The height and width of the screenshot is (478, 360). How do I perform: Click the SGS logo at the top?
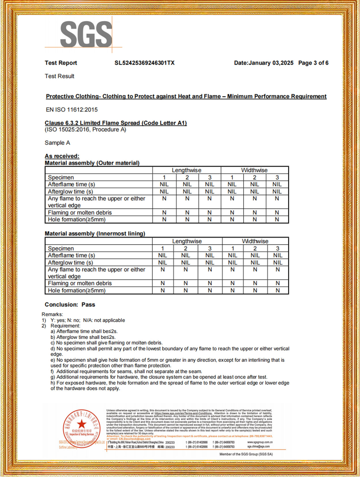click(86, 35)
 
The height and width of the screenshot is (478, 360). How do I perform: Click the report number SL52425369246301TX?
click(144, 63)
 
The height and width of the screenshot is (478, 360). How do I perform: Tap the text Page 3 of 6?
click(313, 63)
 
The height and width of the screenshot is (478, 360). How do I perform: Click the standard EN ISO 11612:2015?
click(72, 110)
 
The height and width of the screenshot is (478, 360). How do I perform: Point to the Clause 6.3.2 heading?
click(115, 123)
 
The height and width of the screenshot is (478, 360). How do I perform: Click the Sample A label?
click(57, 143)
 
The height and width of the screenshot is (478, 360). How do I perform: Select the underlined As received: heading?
click(62, 156)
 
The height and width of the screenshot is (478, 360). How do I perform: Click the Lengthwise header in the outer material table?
click(187, 170)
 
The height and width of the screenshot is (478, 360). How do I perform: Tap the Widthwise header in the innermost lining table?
click(255, 241)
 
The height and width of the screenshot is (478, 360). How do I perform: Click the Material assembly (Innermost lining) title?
click(95, 234)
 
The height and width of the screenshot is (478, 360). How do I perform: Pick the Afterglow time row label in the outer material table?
click(70, 191)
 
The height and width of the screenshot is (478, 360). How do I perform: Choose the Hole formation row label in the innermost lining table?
click(77, 291)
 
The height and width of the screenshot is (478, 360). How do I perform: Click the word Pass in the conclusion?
click(88, 305)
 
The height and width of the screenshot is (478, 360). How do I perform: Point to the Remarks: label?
click(52, 314)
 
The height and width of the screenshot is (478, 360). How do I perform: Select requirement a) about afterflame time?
click(84, 331)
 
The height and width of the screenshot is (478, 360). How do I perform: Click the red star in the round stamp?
click(82, 424)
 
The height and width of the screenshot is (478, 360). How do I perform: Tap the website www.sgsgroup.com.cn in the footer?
click(260, 442)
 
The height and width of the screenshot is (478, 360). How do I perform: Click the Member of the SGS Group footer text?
click(246, 454)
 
